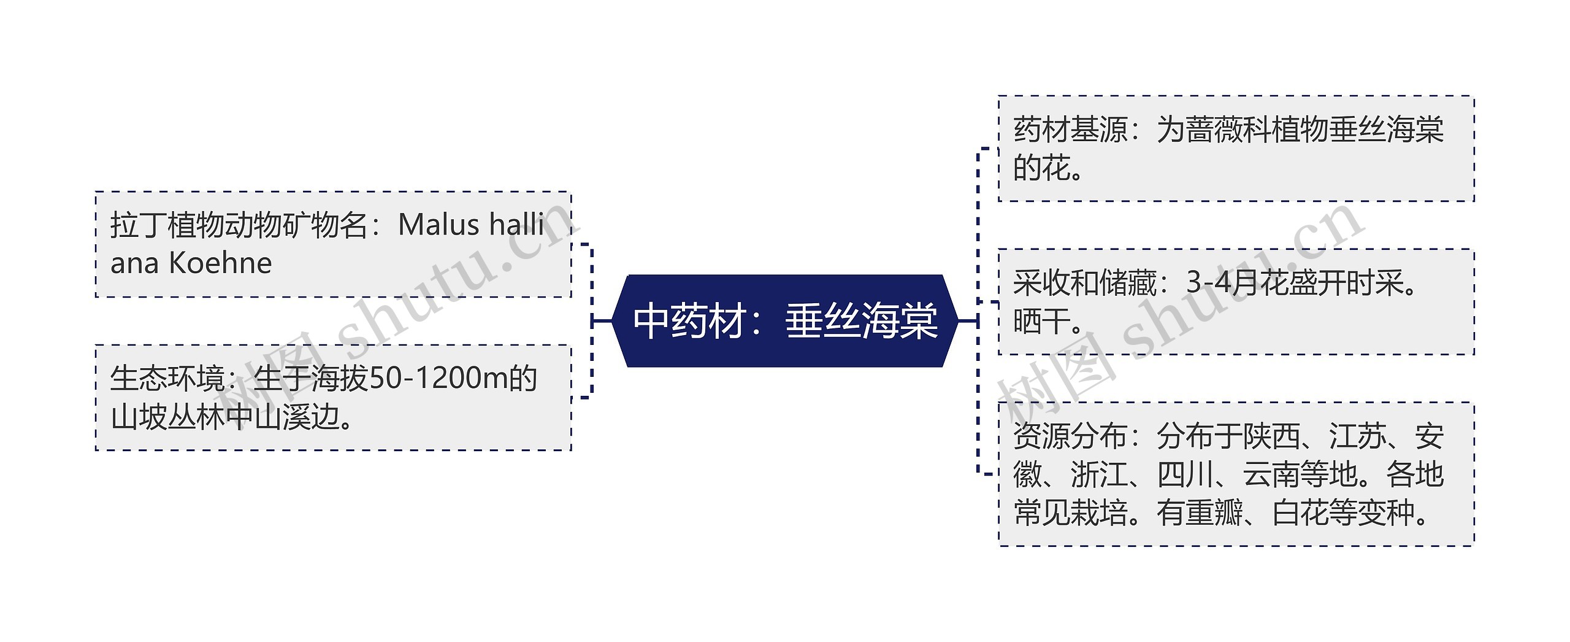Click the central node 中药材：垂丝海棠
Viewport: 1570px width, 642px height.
click(x=784, y=321)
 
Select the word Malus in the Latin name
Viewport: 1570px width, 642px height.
click(x=438, y=225)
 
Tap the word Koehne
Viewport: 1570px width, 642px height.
click(x=220, y=263)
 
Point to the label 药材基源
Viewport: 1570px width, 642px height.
click(x=1070, y=130)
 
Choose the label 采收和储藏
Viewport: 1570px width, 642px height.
click(x=1084, y=283)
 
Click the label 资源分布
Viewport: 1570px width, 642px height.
click(x=1070, y=436)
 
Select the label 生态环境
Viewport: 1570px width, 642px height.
click(x=167, y=378)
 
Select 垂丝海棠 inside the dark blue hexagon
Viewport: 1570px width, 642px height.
click(x=861, y=321)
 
